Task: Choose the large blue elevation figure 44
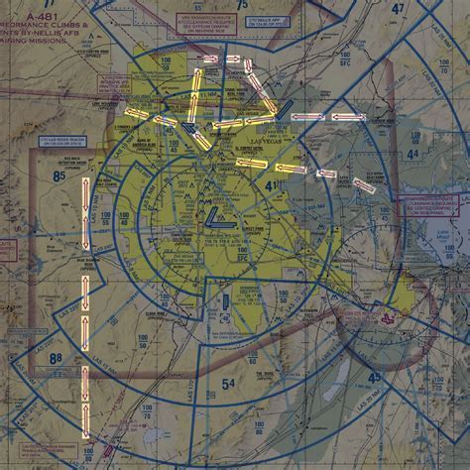[x=411, y=156]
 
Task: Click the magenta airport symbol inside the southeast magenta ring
[x=385, y=320]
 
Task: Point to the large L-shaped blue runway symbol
[x=217, y=212]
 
